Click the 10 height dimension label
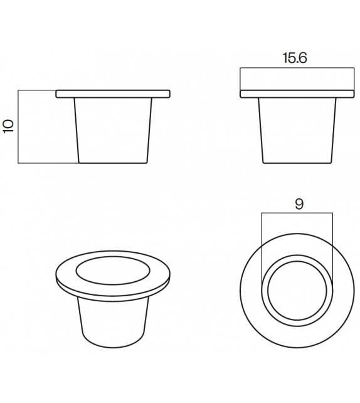pos(8,126)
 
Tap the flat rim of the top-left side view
pos(114,94)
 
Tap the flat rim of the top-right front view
pos(298,94)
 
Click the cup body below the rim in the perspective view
pos(113,320)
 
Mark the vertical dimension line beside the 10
pos(19,126)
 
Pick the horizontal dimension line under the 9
pos(298,213)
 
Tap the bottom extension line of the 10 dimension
pos(47,163)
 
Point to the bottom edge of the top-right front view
pos(298,163)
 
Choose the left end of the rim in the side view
pos(57,94)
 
